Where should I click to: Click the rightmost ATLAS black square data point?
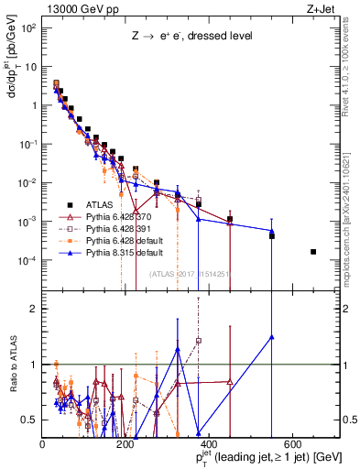(x=314, y=252)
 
